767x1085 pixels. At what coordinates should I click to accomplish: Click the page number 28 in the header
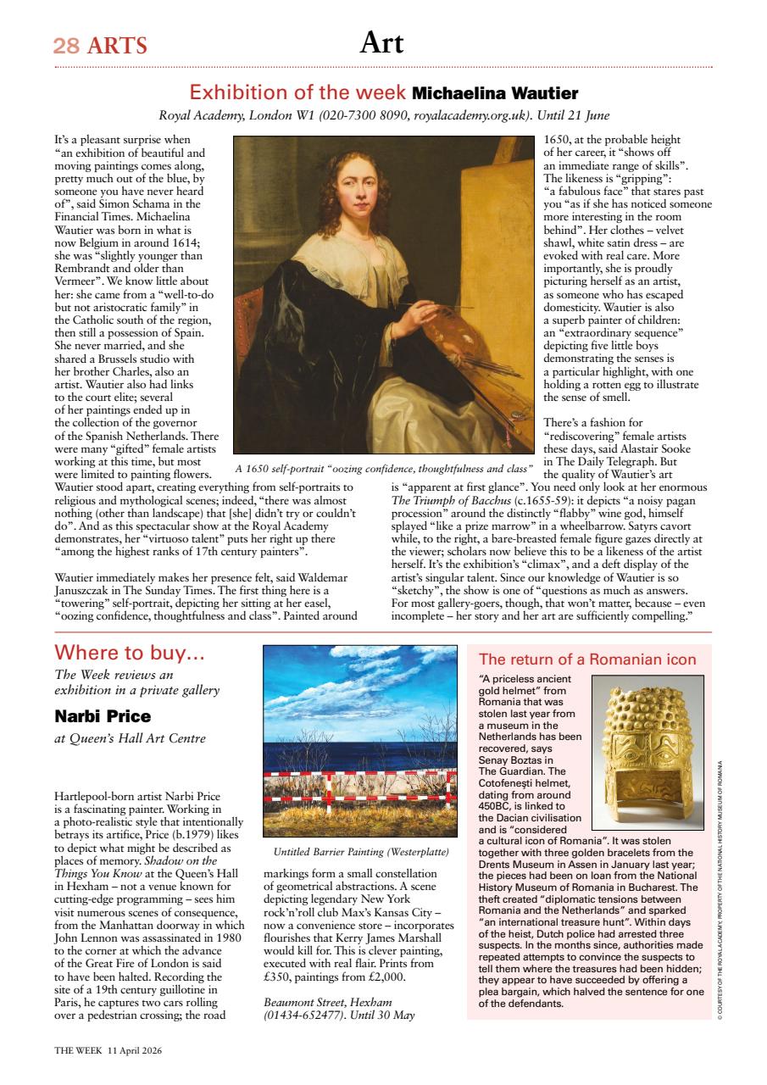click(66, 46)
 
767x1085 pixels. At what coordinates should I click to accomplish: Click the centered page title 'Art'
click(381, 42)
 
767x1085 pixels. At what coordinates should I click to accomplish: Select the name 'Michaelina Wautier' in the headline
click(494, 93)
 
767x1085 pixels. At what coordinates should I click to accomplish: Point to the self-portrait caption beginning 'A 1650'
click(384, 468)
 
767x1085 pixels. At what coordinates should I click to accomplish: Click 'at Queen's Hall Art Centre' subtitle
click(130, 738)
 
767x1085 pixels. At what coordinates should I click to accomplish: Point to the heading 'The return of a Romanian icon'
click(587, 659)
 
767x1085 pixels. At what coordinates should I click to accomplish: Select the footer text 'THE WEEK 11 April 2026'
click(108, 1049)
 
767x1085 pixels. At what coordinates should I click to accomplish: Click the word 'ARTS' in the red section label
click(117, 46)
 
